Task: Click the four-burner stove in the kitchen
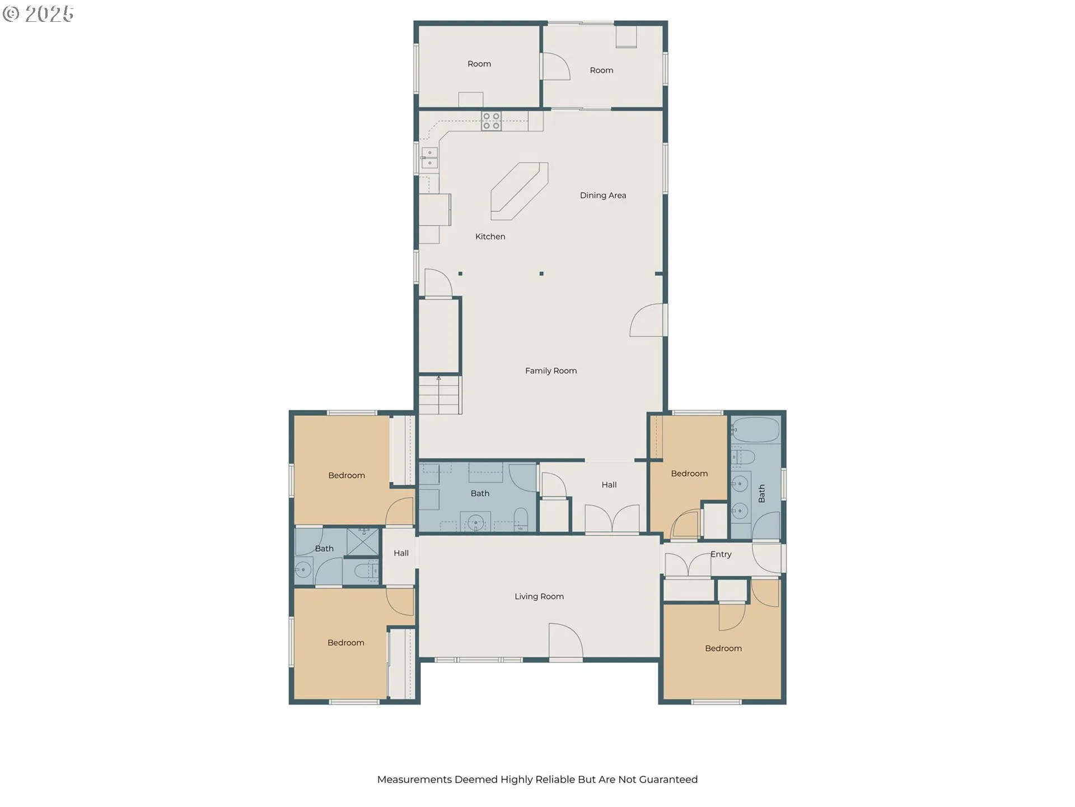pyautogui.click(x=491, y=121)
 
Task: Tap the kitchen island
pyautogui.click(x=519, y=191)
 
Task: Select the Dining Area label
pyautogui.click(x=603, y=195)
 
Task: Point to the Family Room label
pyautogui.click(x=551, y=370)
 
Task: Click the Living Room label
pyautogui.click(x=539, y=596)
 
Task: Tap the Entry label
pyautogui.click(x=721, y=554)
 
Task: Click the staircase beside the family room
pyautogui.click(x=440, y=395)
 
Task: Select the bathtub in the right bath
pyautogui.click(x=756, y=430)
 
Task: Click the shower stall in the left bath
pyautogui.click(x=363, y=542)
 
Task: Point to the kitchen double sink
pyautogui.click(x=429, y=159)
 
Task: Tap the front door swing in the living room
pyautogui.click(x=566, y=641)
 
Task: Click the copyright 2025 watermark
pyautogui.click(x=38, y=14)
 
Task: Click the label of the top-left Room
pyautogui.click(x=479, y=64)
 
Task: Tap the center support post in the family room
pyautogui.click(x=541, y=273)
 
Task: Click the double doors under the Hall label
pyautogui.click(x=612, y=518)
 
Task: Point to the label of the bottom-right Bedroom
pyautogui.click(x=723, y=648)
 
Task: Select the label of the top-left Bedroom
pyautogui.click(x=347, y=475)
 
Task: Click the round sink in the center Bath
pyautogui.click(x=476, y=522)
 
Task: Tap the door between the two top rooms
pyautogui.click(x=556, y=66)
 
